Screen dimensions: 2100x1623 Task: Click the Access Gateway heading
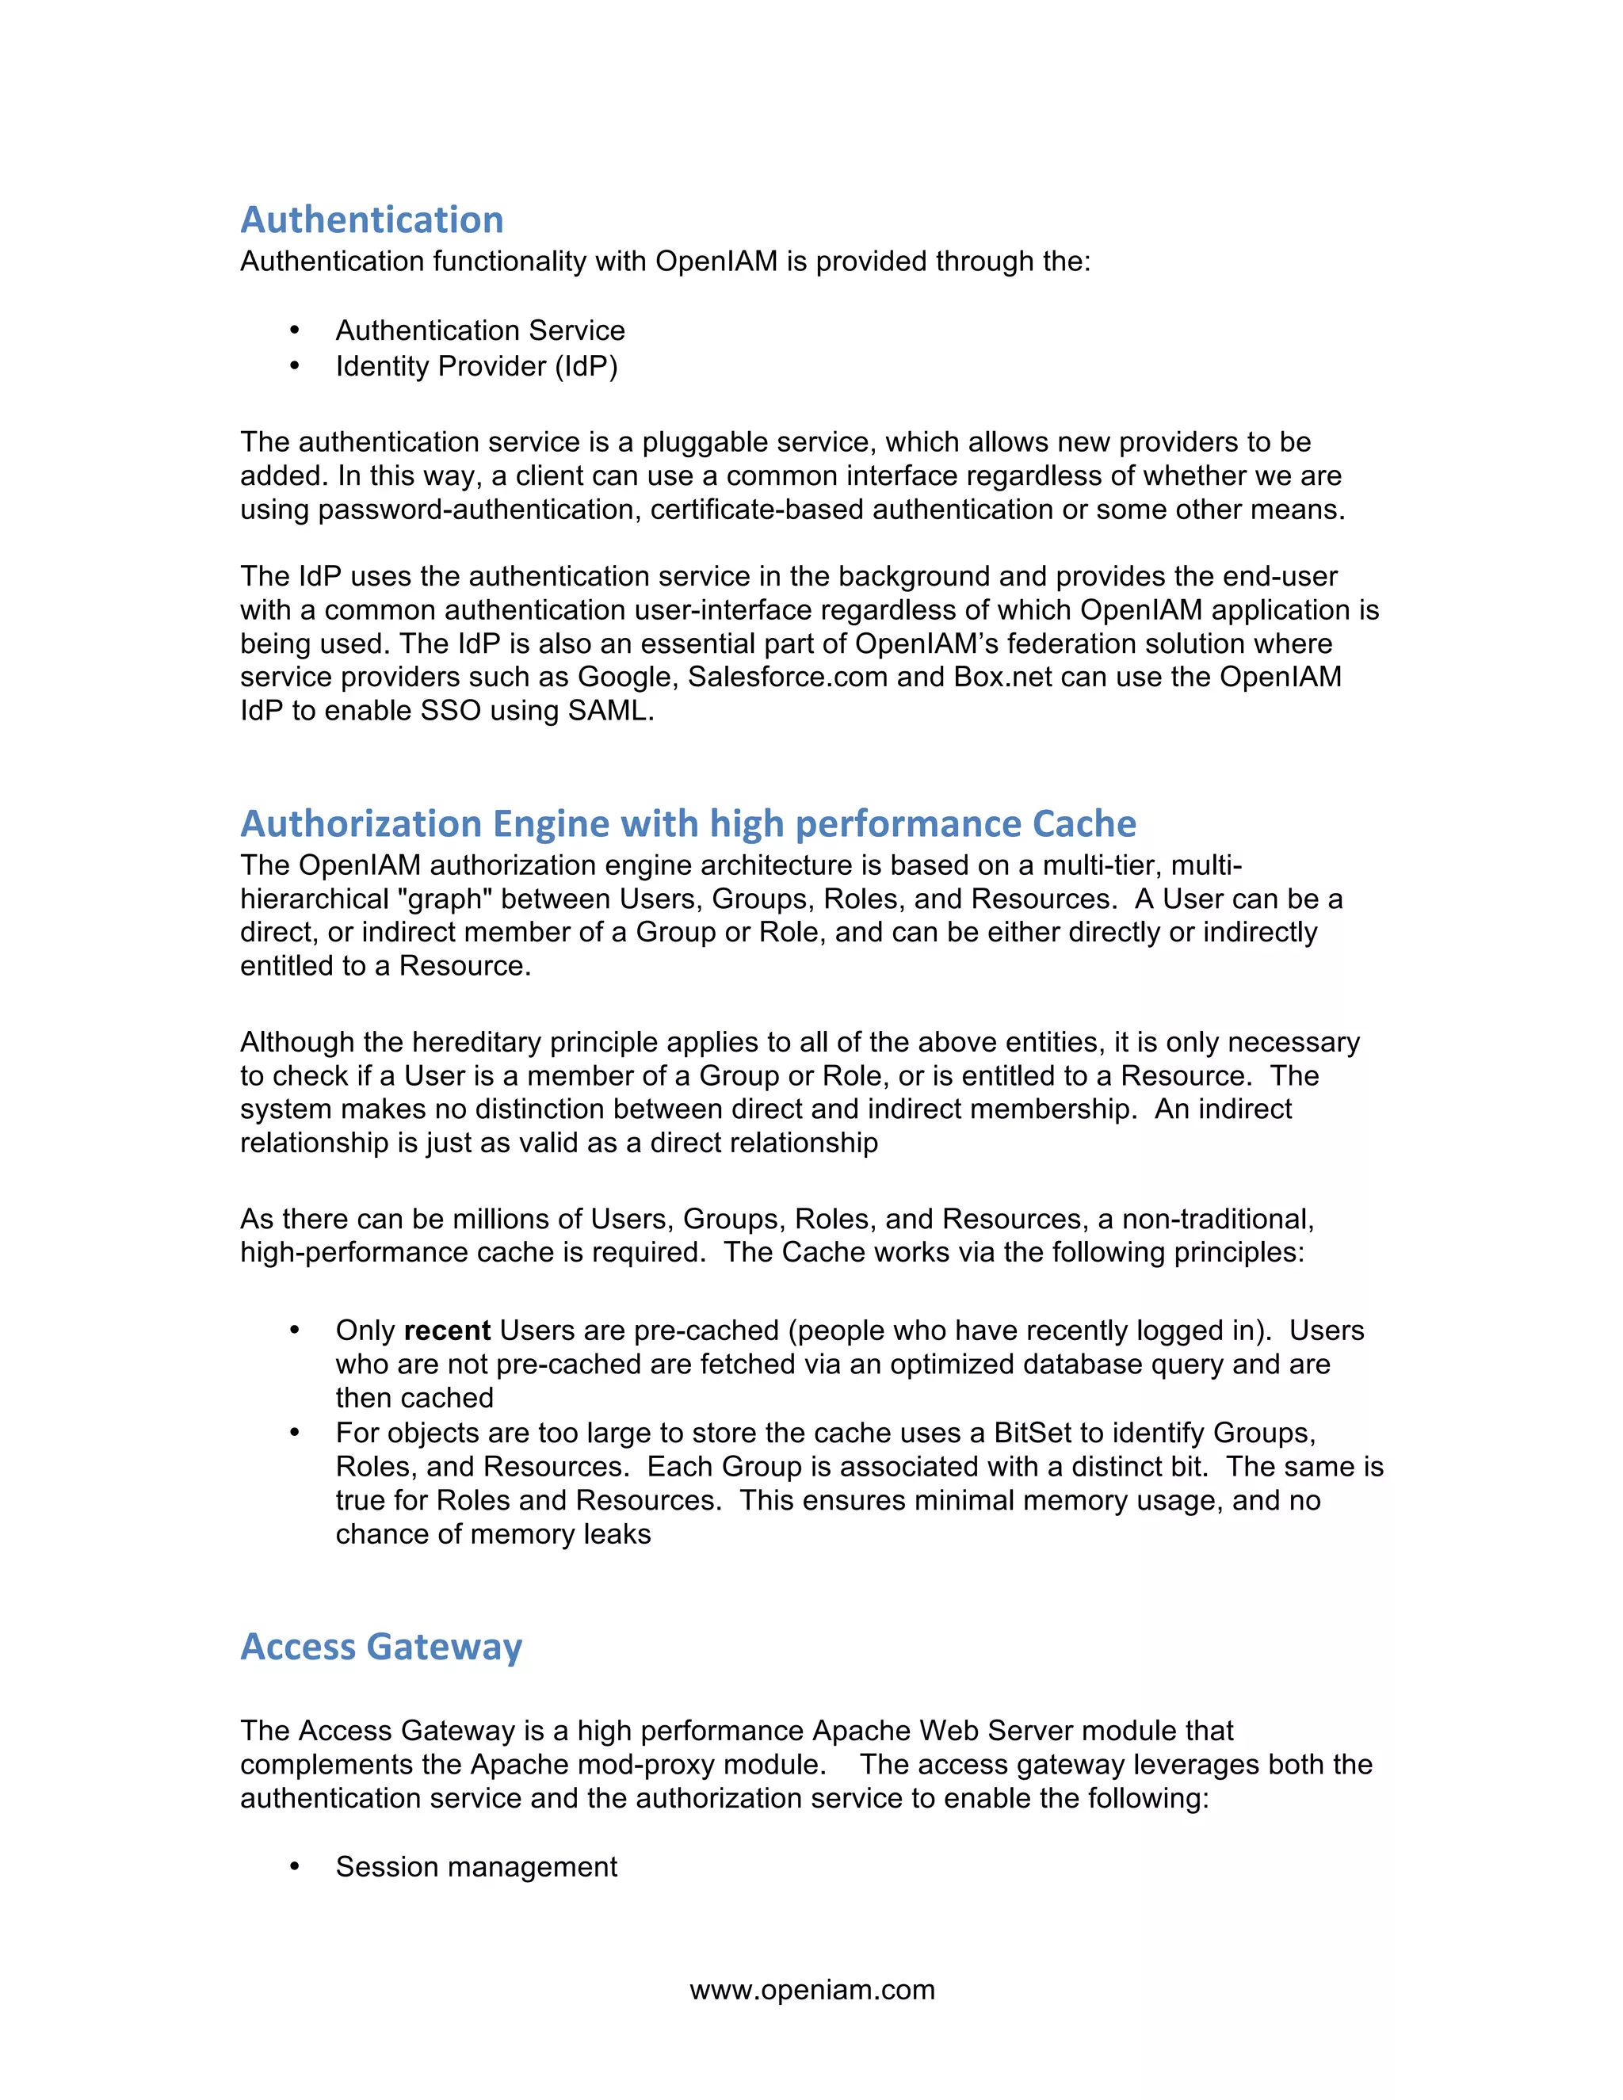[380, 1648]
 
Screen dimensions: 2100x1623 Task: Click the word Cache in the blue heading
[1083, 824]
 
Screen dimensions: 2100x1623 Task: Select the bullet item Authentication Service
[479, 330]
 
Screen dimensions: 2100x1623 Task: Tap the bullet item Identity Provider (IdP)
[476, 366]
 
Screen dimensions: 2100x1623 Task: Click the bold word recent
[447, 1331]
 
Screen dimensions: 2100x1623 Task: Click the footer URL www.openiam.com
[811, 1989]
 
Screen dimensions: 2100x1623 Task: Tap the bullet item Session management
[476, 1866]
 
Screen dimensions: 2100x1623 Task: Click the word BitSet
[1033, 1433]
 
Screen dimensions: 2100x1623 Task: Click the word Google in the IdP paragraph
[628, 677]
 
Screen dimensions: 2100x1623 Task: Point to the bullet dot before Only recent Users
[295, 1331]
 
